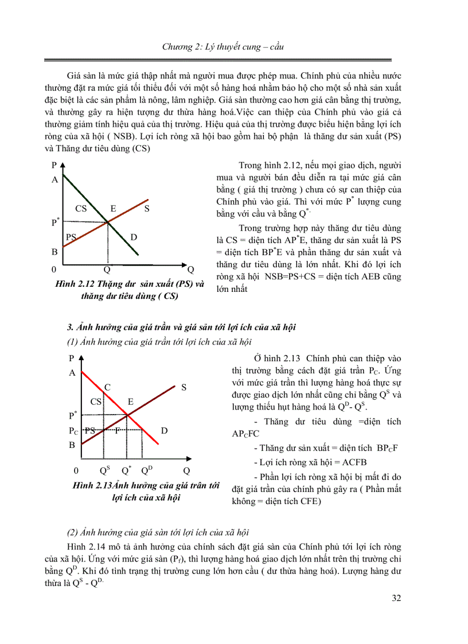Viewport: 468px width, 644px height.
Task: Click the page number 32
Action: pyautogui.click(x=396, y=598)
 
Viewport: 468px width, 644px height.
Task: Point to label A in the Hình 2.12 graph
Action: pyautogui.click(x=55, y=179)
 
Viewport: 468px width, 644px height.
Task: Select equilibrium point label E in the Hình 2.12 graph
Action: pyautogui.click(x=113, y=209)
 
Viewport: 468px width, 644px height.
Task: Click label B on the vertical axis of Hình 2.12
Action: pyautogui.click(x=54, y=251)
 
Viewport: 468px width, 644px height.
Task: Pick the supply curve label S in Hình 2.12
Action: pyautogui.click(x=147, y=209)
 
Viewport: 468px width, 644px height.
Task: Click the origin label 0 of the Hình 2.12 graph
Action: pyautogui.click(x=54, y=270)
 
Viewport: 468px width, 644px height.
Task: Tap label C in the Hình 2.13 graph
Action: pyautogui.click(x=107, y=387)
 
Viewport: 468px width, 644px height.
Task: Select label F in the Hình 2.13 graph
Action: pyautogui.click(x=116, y=430)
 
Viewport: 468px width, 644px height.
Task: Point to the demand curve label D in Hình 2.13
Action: pyautogui.click(x=163, y=430)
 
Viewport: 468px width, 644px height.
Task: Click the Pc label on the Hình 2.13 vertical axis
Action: pyautogui.click(x=73, y=430)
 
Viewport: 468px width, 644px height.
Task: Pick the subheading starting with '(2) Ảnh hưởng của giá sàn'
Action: pyautogui.click(x=158, y=532)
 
